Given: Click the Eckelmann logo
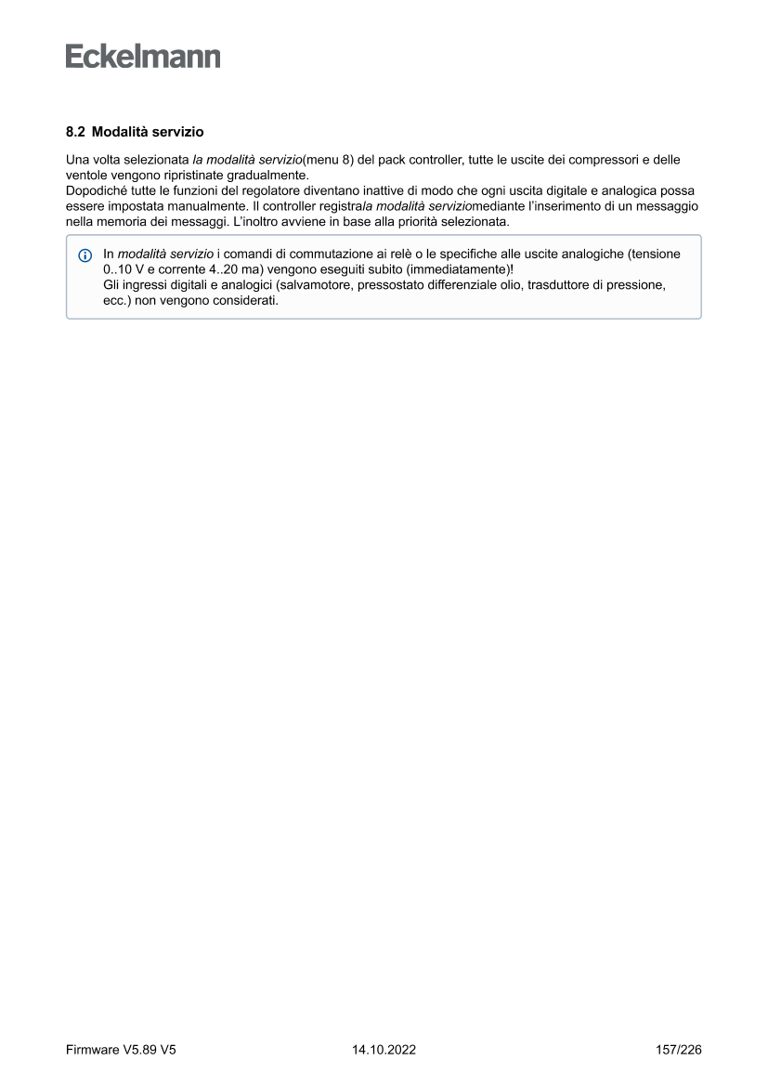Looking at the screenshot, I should point(143,57).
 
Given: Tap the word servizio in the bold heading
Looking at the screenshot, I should point(178,133).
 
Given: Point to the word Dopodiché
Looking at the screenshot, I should point(98,190).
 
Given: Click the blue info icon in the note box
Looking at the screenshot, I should point(85,255).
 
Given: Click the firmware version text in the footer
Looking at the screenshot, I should point(121,1050).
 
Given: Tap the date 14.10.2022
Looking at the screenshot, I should point(384,1050).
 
